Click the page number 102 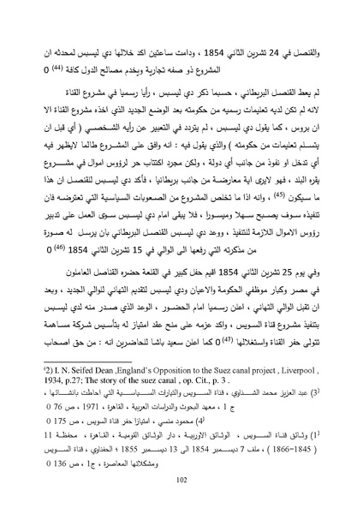(181, 481)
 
